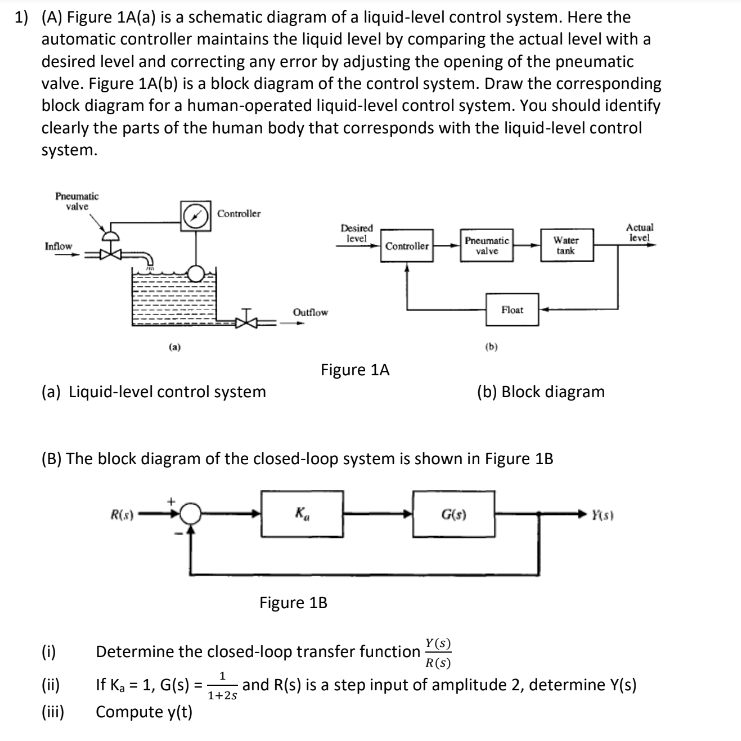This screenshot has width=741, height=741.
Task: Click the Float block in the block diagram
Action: coord(512,310)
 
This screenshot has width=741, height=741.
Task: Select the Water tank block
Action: coord(567,245)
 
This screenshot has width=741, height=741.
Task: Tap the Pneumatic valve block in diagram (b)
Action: coord(487,245)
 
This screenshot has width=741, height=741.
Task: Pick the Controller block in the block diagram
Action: coord(407,246)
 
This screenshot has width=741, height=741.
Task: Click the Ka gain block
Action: coord(302,514)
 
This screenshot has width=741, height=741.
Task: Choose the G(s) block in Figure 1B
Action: coord(454,514)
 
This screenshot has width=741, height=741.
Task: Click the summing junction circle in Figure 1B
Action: coord(190,514)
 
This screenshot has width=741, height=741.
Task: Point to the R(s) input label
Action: coord(122,514)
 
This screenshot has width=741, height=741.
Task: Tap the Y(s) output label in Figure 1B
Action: coord(603,515)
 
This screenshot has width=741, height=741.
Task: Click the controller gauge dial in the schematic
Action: coord(196,216)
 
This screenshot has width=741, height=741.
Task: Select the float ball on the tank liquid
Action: coord(196,273)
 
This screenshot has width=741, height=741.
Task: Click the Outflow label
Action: coord(310,312)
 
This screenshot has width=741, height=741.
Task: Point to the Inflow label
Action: coord(59,246)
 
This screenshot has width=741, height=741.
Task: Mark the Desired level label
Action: coord(357,233)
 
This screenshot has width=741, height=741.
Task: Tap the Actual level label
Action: coord(639,233)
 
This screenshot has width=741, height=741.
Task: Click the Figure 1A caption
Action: coord(355,370)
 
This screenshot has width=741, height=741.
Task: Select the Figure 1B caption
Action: coord(293,603)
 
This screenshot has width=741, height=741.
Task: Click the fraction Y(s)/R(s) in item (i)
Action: coord(438,653)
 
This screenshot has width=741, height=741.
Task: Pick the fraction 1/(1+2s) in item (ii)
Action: coord(223,686)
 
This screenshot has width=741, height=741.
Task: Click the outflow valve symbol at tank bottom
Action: coord(247,322)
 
